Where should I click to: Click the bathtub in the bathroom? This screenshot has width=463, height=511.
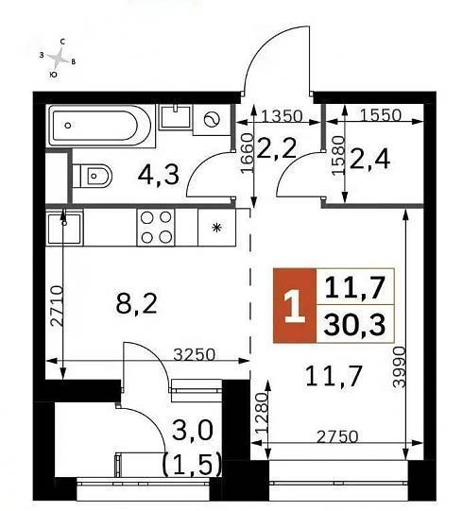tap(100, 125)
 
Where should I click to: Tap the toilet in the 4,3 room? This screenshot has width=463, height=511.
tap(93, 176)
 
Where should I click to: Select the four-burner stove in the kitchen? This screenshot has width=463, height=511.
tap(156, 227)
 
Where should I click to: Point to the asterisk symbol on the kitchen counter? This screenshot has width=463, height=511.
tap(216, 227)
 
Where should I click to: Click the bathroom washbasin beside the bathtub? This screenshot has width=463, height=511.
tap(176, 117)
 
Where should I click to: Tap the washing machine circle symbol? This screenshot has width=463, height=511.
tap(212, 120)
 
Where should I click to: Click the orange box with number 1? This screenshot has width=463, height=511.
tap(295, 306)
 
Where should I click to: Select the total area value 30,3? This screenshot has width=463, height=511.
tap(355, 325)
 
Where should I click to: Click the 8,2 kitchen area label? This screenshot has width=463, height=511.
tap(136, 304)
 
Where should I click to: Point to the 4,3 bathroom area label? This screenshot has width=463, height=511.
tap(158, 175)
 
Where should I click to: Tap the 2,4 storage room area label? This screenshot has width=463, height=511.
tap(369, 160)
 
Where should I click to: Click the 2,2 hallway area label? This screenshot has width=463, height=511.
tap(277, 148)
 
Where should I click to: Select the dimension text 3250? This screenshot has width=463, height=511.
tap(195, 355)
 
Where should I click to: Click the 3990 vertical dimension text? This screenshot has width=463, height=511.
tap(399, 366)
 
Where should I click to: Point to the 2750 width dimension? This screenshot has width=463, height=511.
tap(337, 436)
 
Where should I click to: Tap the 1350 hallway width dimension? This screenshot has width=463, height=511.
tap(282, 115)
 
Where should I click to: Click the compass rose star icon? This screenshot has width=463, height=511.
tap(58, 58)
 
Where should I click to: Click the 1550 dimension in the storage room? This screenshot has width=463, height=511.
tap(381, 115)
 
